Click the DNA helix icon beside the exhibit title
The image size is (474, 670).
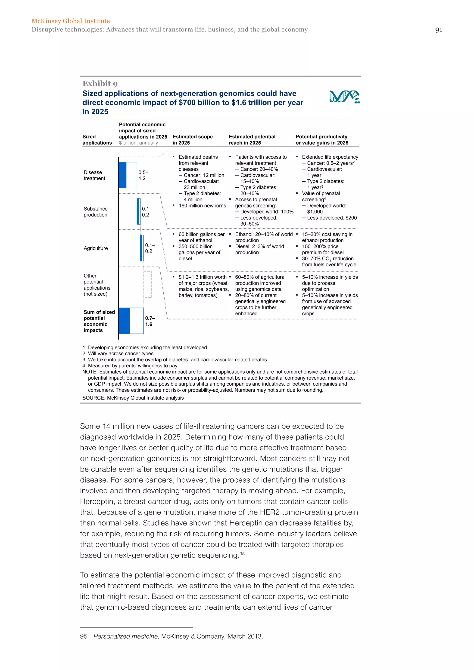(x=344, y=97)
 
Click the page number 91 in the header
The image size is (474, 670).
(x=438, y=30)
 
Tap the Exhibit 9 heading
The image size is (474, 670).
(x=100, y=84)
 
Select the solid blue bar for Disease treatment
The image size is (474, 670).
(x=123, y=175)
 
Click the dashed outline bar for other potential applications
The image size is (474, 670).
(x=148, y=285)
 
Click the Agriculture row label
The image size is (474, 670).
(x=96, y=248)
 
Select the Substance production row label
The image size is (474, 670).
(x=95, y=211)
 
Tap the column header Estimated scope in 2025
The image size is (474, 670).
(x=193, y=140)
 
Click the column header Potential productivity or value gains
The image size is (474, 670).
(x=322, y=140)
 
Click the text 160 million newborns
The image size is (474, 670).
(x=202, y=206)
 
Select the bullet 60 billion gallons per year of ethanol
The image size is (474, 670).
(x=201, y=237)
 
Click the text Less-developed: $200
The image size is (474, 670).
(x=332, y=218)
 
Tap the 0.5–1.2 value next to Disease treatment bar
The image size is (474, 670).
(x=143, y=175)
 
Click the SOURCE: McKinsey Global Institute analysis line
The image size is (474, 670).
(x=133, y=398)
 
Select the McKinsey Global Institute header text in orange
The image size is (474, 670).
(x=71, y=21)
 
